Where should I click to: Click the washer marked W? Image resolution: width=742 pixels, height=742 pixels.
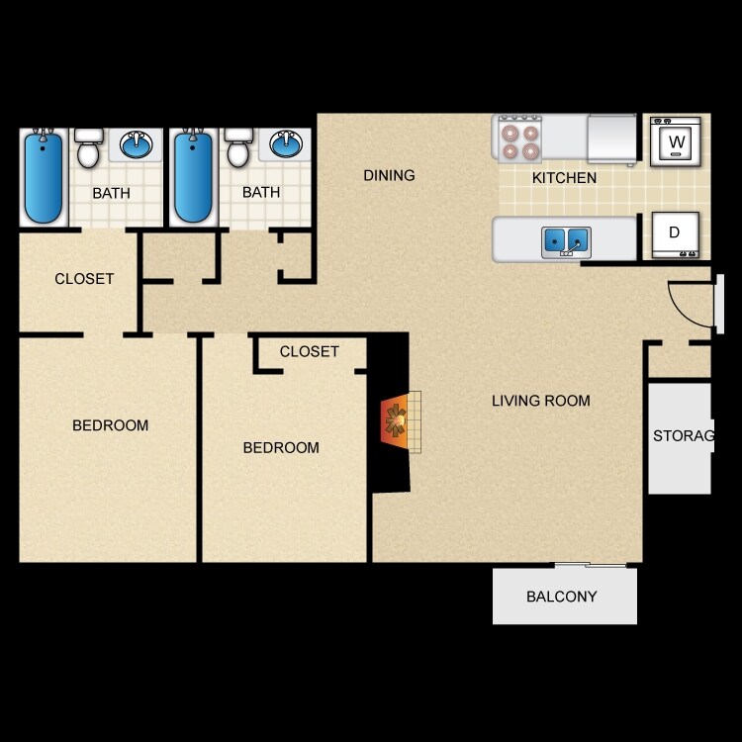pos(676,142)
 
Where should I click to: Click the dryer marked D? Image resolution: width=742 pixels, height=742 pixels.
pos(675,234)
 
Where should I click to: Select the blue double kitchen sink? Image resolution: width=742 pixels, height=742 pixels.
pos(566,239)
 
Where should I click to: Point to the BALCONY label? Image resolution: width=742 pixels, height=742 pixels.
pos(562,597)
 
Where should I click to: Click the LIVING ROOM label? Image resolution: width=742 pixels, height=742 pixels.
pos(541,401)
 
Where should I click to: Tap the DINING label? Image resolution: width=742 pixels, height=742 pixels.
pos(389,176)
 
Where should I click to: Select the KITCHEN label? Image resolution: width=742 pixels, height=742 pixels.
pos(564,178)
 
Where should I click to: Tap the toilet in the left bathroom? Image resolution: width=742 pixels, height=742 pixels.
pos(89,147)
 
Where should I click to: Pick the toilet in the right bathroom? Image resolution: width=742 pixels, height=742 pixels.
pos(237,147)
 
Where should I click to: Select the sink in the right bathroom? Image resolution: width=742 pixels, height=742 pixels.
pos(286,145)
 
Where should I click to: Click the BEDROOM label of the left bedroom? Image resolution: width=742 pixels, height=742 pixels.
pos(111,425)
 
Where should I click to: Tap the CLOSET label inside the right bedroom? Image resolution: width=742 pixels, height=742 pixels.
pos(310,351)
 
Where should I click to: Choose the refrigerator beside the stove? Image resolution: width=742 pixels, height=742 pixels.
pos(611,139)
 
